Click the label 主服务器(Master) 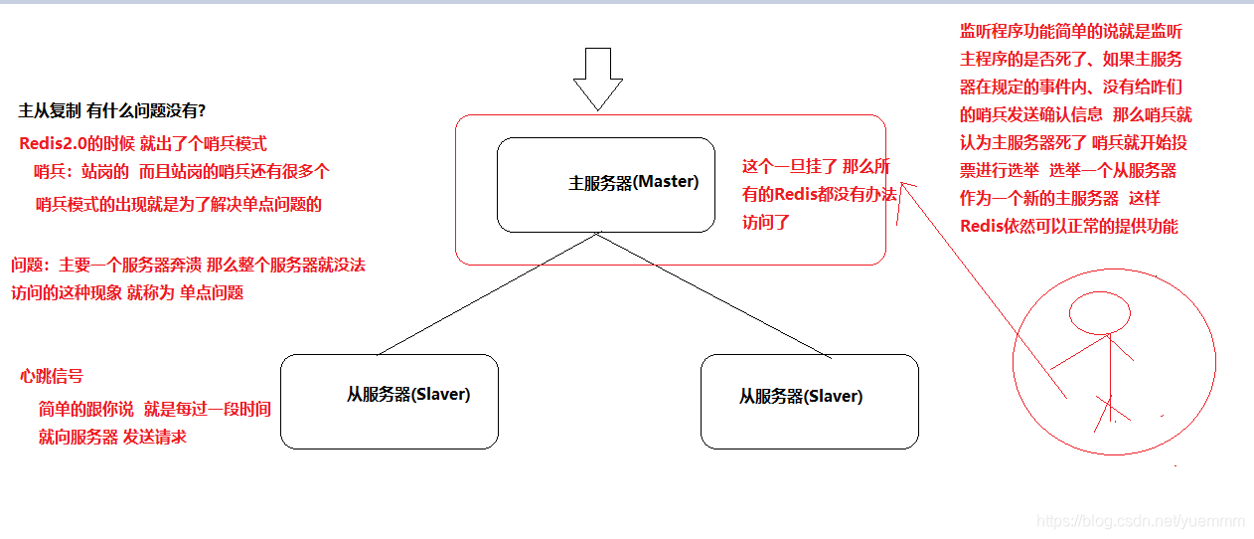(x=633, y=183)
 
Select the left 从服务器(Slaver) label (x=407, y=394)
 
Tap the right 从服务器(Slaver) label (x=800, y=396)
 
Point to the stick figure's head (x=1099, y=315)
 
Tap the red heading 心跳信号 (x=52, y=376)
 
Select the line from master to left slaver (x=487, y=293)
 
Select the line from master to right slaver (x=713, y=294)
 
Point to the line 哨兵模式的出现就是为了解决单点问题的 (x=179, y=206)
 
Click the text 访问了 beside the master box (x=766, y=222)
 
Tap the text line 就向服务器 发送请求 (x=112, y=437)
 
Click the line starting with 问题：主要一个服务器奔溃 (x=189, y=266)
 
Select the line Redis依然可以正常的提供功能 (x=1068, y=226)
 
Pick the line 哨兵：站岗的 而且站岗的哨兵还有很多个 (x=182, y=171)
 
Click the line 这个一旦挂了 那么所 (x=816, y=166)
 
